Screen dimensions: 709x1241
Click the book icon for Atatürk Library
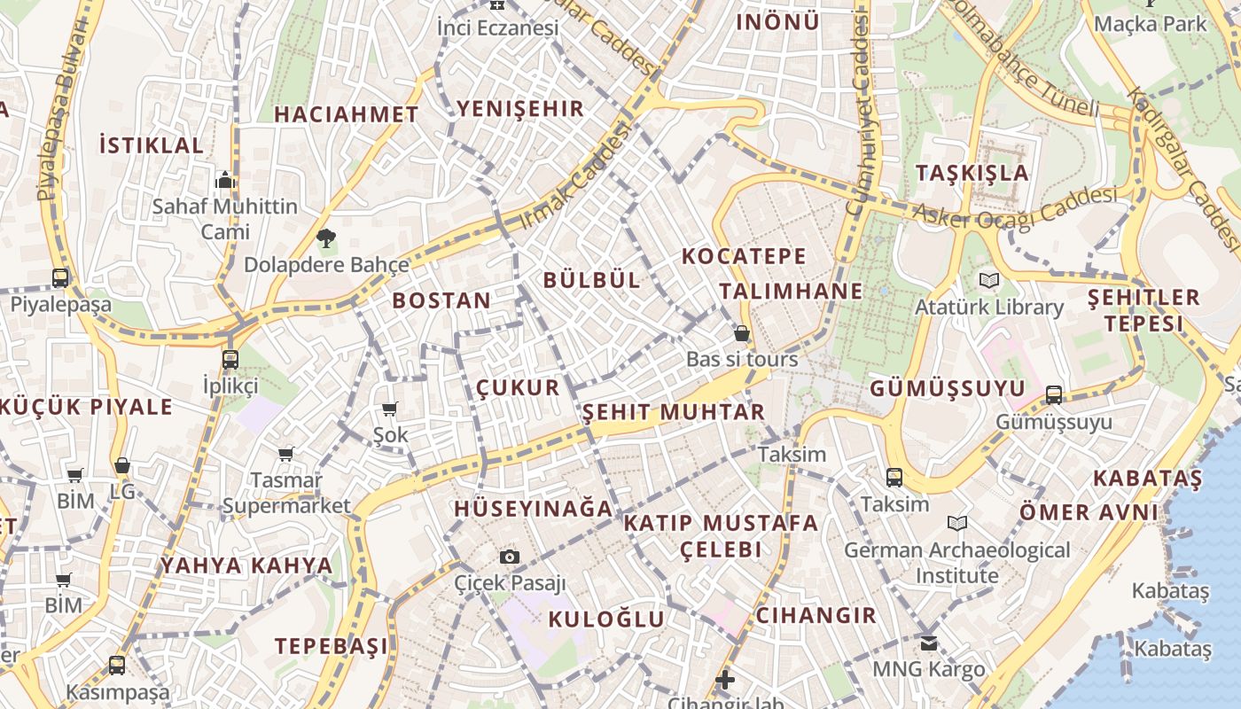(989, 281)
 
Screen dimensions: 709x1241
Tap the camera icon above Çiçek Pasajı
(509, 557)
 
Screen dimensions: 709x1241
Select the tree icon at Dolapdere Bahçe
(326, 238)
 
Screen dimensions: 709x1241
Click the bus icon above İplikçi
(230, 359)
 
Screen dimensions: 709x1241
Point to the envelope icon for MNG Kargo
(928, 643)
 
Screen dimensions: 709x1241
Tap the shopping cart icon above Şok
(389, 409)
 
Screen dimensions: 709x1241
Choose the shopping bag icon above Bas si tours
(742, 333)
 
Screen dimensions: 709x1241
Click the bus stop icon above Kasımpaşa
(117, 665)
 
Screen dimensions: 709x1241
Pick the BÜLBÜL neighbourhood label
(591, 280)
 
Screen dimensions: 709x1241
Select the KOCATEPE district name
(744, 257)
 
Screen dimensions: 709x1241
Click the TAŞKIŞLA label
(972, 173)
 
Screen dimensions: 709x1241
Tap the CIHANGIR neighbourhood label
(816, 615)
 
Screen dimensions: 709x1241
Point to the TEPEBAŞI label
(331, 646)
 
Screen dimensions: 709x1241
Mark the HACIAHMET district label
(346, 114)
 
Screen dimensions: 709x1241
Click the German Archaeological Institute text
(956, 563)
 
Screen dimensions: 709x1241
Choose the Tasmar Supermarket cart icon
(285, 454)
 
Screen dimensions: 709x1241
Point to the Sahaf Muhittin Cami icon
(225, 180)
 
